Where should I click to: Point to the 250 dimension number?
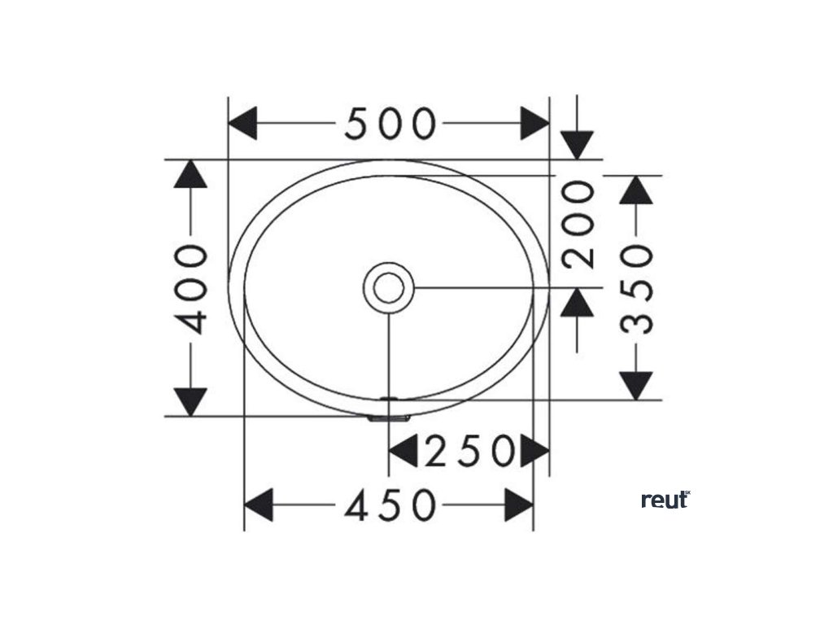pos(470,451)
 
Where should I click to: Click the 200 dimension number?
pos(579,225)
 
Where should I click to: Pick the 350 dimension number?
pos(637,288)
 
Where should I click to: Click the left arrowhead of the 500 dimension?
pos(243,124)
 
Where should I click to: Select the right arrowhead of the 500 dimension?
pos(534,124)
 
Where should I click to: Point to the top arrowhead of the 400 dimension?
pos(192,174)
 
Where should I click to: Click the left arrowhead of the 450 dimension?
pos(259,506)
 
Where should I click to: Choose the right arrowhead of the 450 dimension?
pos(519,506)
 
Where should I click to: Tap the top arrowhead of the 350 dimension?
pos(637,190)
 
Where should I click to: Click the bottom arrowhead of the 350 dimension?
pos(637,385)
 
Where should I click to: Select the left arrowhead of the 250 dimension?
pos(403,451)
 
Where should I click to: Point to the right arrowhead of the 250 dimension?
pos(533,451)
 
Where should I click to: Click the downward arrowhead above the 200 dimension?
pos(578,144)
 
